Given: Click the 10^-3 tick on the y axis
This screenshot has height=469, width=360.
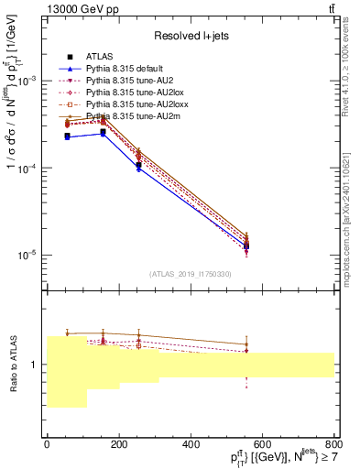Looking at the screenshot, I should (27, 82).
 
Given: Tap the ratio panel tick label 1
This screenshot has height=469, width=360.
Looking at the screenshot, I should (34, 365).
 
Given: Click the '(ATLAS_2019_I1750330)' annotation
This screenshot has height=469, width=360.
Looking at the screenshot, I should (190, 274).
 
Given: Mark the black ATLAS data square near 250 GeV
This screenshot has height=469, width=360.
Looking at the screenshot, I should (138, 165).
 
